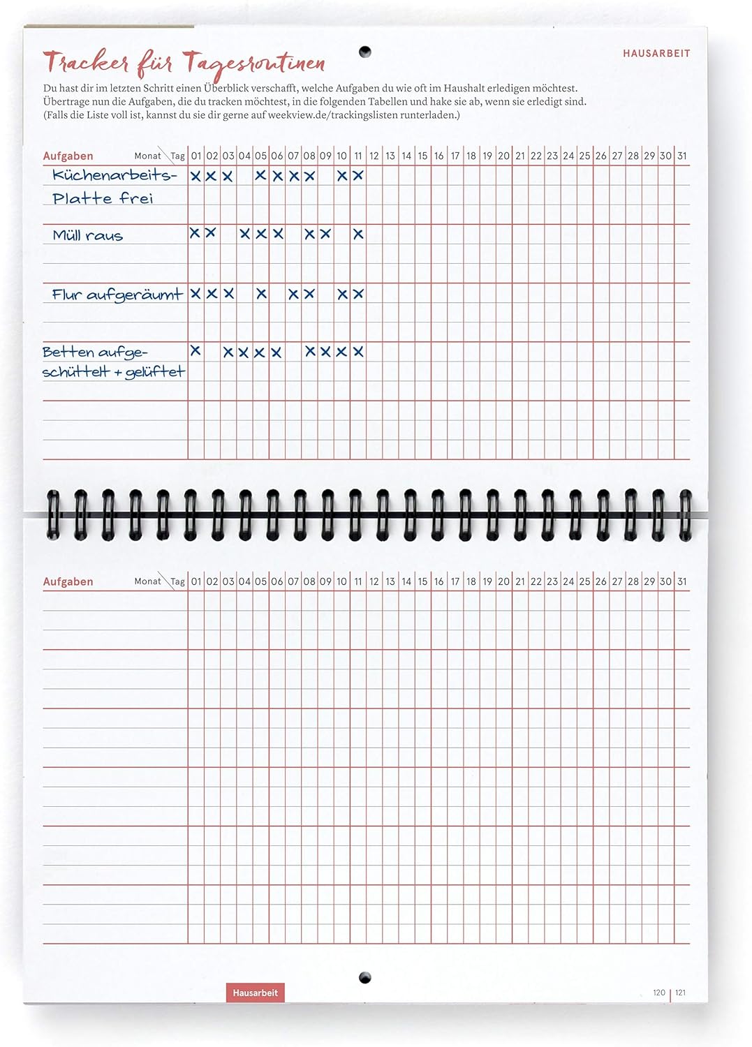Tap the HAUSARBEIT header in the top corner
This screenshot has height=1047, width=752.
(x=656, y=53)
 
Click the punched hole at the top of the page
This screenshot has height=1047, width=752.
(x=364, y=52)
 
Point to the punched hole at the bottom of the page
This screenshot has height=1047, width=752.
(x=364, y=977)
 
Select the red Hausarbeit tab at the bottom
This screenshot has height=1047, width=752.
(x=255, y=993)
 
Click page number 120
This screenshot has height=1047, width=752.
(x=658, y=993)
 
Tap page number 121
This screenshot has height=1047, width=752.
(x=681, y=993)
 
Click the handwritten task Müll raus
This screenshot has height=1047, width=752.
(x=87, y=236)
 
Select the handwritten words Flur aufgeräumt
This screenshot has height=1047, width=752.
(x=117, y=295)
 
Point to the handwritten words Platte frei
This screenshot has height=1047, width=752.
(x=102, y=199)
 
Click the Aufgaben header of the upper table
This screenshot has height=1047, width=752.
(x=68, y=156)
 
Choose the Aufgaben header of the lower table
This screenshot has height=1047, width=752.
(x=68, y=581)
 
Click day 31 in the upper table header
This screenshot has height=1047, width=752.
(x=681, y=156)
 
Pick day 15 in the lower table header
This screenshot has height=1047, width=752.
(x=422, y=581)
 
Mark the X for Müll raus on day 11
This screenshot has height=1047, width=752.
(x=358, y=234)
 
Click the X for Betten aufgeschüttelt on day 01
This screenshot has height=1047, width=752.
(x=196, y=350)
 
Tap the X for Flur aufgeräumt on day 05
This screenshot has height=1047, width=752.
(x=261, y=294)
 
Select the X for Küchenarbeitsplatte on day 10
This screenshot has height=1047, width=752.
(x=342, y=176)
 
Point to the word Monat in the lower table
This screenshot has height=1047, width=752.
(x=147, y=581)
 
